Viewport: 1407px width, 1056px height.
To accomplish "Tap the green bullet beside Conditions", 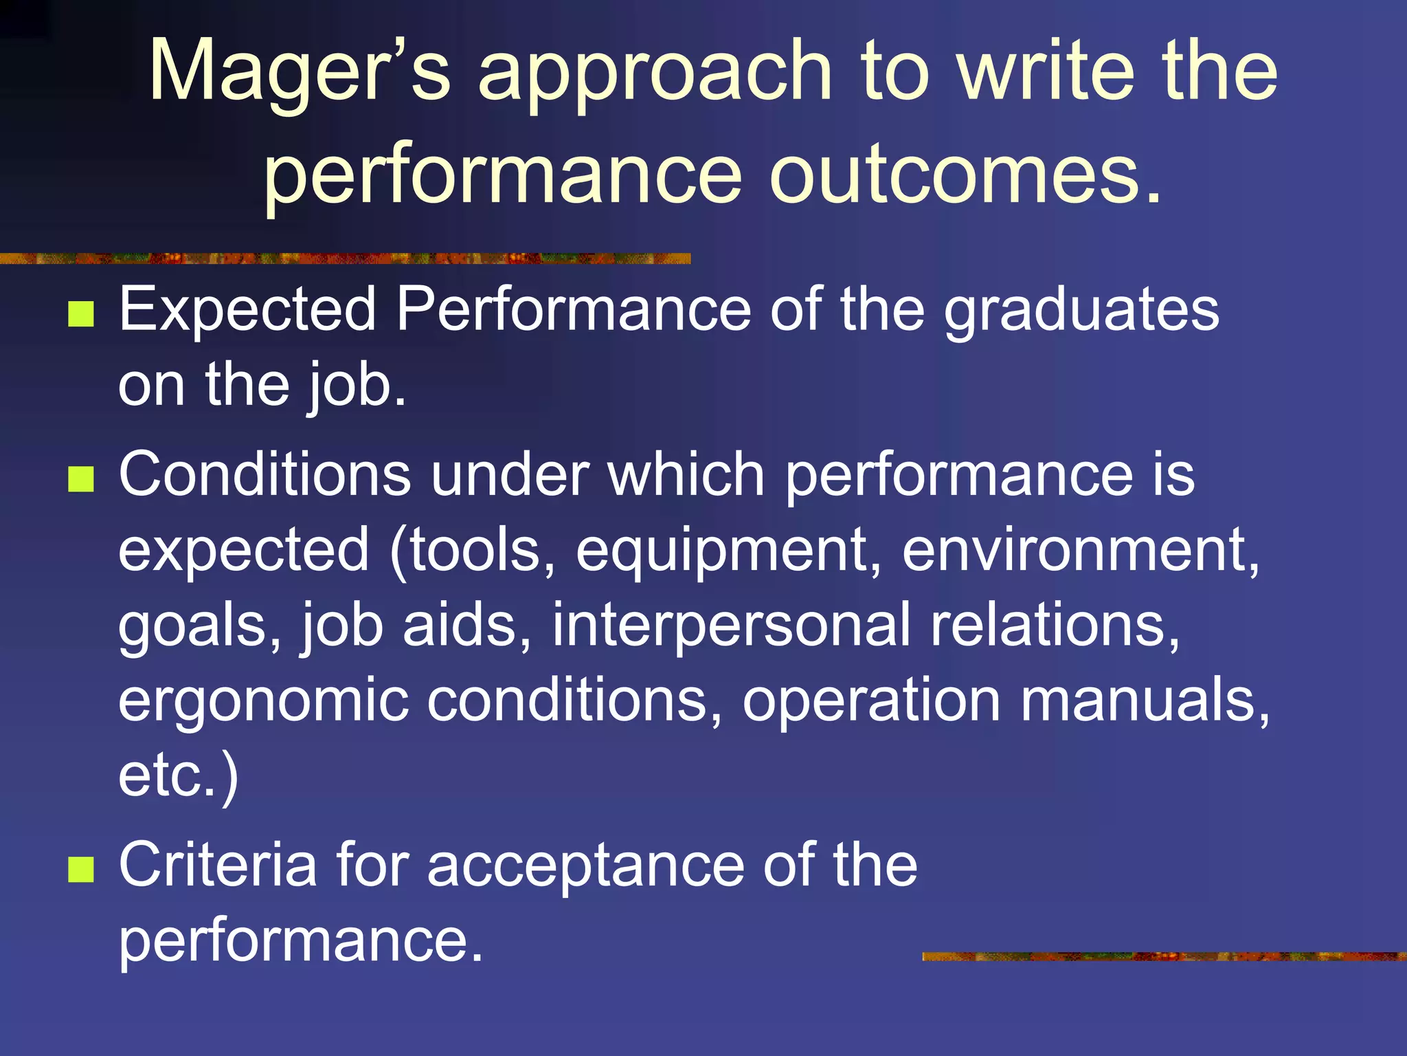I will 81,479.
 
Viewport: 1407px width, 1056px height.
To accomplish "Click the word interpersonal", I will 731,626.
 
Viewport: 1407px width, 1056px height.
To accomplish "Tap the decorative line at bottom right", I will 1164,956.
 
